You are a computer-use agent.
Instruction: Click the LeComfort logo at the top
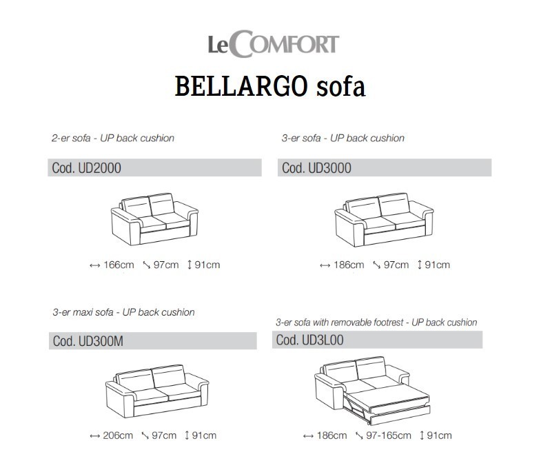click(x=273, y=44)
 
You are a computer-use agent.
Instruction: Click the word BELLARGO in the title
click(x=241, y=86)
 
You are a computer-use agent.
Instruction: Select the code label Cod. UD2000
click(x=87, y=168)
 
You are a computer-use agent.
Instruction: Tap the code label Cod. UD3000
click(x=316, y=168)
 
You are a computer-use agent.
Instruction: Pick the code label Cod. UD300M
click(x=88, y=341)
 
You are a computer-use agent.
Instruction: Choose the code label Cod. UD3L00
click(x=310, y=340)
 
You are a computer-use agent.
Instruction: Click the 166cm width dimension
click(x=119, y=265)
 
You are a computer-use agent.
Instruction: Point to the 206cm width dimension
click(x=118, y=435)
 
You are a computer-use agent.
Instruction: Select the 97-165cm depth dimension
click(x=389, y=435)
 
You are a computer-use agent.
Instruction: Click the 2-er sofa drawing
click(x=154, y=219)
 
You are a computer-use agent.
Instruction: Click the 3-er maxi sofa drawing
click(x=157, y=391)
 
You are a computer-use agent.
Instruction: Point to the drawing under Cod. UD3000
click(x=384, y=220)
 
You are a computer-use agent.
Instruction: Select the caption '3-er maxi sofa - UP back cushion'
click(x=123, y=312)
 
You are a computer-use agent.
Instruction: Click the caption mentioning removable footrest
click(x=376, y=322)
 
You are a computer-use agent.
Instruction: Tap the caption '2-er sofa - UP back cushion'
click(x=113, y=138)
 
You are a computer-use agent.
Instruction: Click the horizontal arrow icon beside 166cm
click(x=94, y=265)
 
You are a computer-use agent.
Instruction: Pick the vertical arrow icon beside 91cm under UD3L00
click(x=422, y=435)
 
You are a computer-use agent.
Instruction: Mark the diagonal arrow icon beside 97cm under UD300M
click(x=145, y=435)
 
